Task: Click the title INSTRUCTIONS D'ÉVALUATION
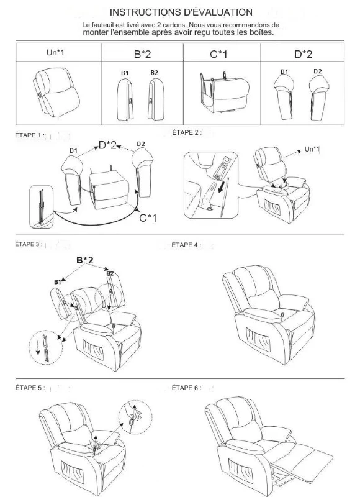[181, 12]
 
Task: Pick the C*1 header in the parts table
[218, 55]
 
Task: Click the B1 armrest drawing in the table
[125, 99]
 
